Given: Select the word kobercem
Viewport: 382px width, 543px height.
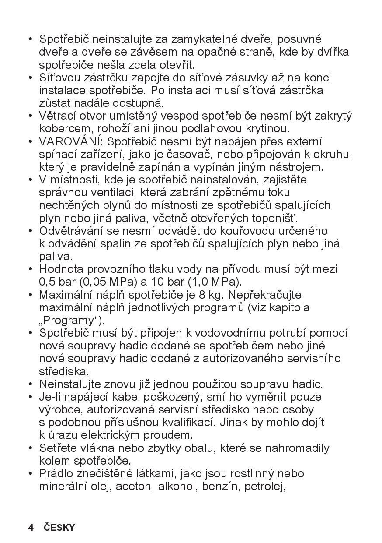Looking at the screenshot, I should click(60, 129).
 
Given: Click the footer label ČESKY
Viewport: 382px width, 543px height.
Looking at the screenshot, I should click(59, 528).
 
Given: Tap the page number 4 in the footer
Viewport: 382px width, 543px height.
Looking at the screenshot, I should click(31, 528).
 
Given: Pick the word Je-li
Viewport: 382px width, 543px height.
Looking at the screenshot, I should click(49, 398).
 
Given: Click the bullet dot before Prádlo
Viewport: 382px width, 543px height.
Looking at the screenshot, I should click(31, 474).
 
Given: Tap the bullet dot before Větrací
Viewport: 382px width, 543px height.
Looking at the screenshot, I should click(31, 116).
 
